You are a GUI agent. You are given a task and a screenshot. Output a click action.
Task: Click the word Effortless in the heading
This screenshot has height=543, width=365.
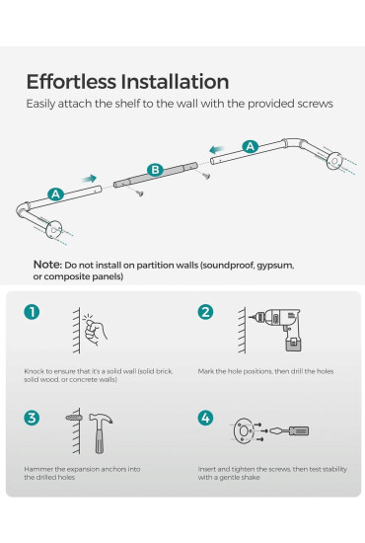point(71,82)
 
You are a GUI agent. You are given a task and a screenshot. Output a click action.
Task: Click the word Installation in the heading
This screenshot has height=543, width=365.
point(175,82)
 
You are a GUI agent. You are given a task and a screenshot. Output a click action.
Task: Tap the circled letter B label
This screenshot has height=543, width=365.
point(155,170)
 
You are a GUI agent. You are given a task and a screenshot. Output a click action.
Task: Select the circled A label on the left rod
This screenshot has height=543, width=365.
point(55,194)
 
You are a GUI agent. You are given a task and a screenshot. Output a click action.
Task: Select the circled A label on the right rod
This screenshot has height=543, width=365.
point(250,146)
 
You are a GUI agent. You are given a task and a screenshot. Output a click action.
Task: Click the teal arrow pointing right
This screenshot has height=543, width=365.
point(89,179)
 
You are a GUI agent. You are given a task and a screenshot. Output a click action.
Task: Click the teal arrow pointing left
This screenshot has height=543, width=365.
point(217,150)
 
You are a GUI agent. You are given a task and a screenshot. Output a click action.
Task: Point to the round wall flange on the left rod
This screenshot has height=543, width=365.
point(53,230)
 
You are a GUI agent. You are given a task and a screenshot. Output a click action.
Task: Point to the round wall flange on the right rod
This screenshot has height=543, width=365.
point(334,161)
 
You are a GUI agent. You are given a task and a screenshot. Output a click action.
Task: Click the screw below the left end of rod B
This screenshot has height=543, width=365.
point(138,193)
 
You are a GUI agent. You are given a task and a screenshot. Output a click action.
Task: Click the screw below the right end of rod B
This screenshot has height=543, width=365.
point(205,175)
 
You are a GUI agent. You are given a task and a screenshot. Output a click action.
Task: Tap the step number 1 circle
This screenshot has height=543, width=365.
point(32,312)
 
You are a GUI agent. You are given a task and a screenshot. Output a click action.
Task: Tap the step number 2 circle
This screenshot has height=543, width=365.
point(205,312)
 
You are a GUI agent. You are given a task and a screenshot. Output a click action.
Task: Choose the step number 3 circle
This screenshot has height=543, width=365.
point(32,418)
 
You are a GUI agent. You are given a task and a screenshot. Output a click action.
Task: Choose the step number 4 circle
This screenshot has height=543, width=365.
point(205,418)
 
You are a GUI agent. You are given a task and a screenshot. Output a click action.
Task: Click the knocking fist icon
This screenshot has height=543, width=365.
point(95,331)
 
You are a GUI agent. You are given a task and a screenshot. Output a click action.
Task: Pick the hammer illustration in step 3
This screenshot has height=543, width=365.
point(100,432)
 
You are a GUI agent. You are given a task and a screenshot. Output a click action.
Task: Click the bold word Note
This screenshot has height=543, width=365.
point(47,265)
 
